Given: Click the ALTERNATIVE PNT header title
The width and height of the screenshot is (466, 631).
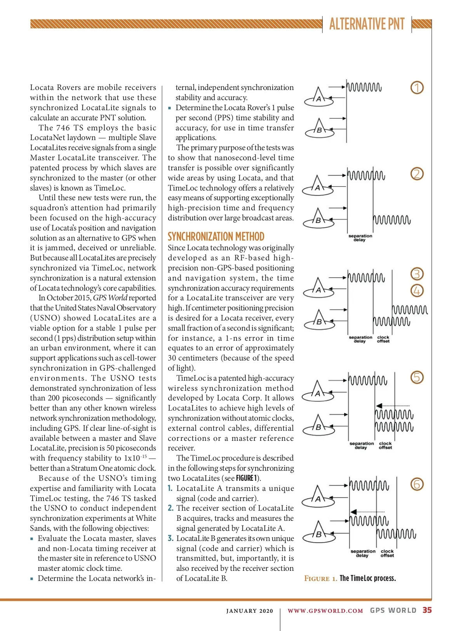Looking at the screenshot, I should click(367, 24).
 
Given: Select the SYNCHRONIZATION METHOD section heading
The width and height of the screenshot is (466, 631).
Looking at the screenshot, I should click(216, 236).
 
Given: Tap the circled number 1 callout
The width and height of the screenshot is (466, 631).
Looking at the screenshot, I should click(417, 88).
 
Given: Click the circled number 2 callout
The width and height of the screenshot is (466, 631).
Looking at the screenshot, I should click(417, 174).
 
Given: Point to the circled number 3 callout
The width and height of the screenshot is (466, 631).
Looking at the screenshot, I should click(417, 274).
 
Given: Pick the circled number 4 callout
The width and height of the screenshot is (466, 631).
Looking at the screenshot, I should click(417, 291).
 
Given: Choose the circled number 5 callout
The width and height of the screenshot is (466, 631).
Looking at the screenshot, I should click(417, 377).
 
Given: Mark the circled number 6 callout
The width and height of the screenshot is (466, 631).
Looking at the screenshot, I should click(417, 484).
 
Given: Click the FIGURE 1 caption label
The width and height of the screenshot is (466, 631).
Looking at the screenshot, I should click(320, 579).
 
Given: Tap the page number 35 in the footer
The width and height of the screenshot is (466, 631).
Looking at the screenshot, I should click(427, 610).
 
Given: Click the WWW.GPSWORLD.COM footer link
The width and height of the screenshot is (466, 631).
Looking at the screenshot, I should click(325, 611).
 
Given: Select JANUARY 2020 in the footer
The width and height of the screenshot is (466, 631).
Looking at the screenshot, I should click(250, 611).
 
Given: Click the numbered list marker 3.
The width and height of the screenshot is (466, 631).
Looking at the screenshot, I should click(170, 538).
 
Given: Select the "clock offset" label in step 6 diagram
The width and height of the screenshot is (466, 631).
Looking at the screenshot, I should click(387, 553).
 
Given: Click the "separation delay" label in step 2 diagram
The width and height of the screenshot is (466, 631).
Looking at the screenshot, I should click(360, 238).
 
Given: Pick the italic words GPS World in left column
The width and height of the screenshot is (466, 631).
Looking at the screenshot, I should click(110, 298).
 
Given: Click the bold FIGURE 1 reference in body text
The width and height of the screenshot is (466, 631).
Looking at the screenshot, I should click(247, 478).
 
